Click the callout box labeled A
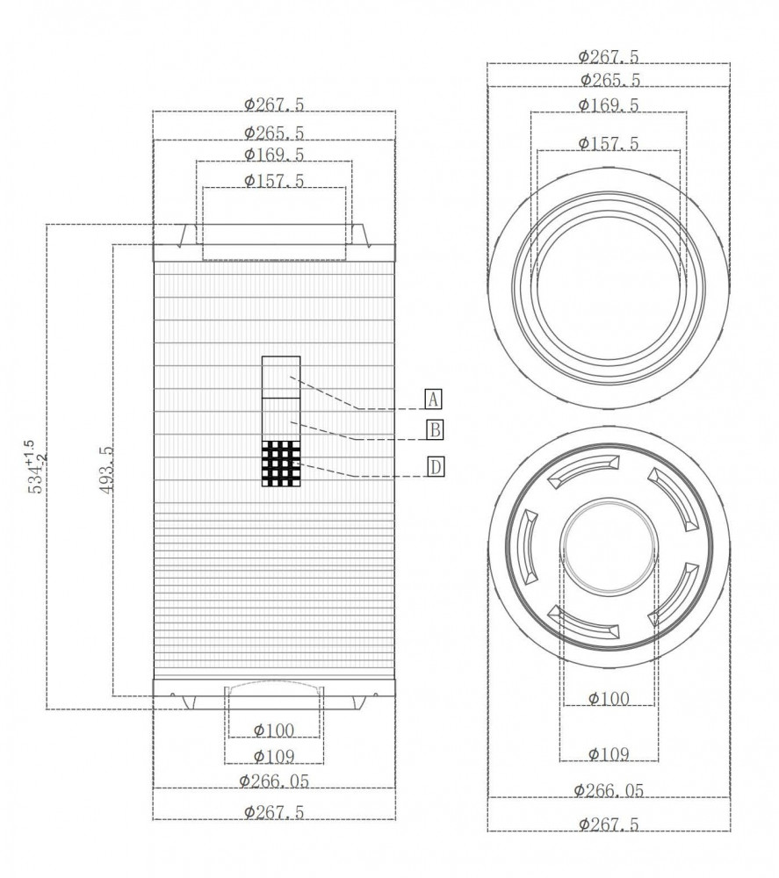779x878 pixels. coord(433,399)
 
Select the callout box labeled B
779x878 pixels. coord(435,430)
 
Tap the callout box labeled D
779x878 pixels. coord(436,466)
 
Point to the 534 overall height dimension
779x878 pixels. coord(37,466)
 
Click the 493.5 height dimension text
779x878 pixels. coord(106,470)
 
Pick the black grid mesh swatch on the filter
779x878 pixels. coord(281,463)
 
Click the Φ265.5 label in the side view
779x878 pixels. coord(274,133)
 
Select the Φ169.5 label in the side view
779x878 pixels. coord(274,154)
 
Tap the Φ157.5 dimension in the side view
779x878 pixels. coord(274,181)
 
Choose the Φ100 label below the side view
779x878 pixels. coord(274,730)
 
